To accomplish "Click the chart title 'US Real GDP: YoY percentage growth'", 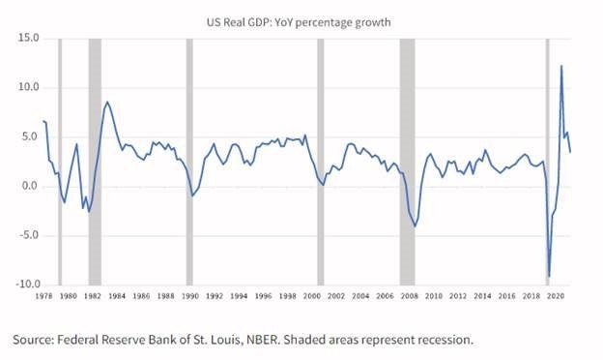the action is (x=299, y=22).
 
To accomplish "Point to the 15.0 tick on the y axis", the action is (x=28, y=38).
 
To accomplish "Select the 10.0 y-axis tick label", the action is (x=28, y=87).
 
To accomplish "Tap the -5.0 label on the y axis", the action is (x=28, y=235).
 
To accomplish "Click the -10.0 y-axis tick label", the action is (x=28, y=285).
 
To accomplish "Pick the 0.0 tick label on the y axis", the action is (x=31, y=187).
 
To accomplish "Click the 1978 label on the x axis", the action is (x=43, y=296).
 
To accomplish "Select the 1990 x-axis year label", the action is (x=190, y=296).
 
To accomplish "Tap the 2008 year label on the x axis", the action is (x=409, y=296).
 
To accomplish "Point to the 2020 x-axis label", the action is (x=556, y=296).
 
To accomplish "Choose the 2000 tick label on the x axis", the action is (x=312, y=296).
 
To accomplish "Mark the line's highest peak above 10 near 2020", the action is (x=561, y=66).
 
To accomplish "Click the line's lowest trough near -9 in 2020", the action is (x=549, y=276).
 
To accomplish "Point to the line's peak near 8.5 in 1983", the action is (x=107, y=102).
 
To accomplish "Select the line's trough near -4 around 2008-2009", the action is (x=415, y=226).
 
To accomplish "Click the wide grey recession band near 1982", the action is (x=95, y=162).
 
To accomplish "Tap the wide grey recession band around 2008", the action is (x=407, y=162).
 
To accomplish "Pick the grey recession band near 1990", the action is (x=189, y=162).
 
